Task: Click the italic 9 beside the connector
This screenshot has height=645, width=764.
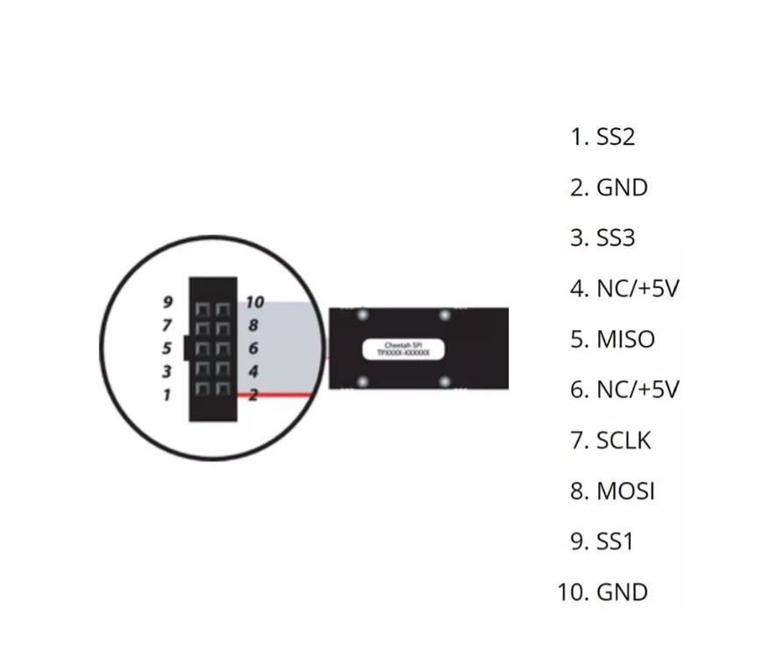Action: (168, 303)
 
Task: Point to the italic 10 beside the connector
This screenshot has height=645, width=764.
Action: (254, 303)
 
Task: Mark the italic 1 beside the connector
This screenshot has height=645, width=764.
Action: (167, 396)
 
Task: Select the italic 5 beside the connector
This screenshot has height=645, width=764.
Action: (167, 349)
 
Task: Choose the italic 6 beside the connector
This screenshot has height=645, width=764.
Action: (253, 349)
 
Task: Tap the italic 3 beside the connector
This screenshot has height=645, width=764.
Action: (167, 372)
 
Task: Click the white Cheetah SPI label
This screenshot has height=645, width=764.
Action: (403, 349)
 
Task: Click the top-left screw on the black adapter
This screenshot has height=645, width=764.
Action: (362, 315)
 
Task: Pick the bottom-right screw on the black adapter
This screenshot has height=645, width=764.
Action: (445, 382)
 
